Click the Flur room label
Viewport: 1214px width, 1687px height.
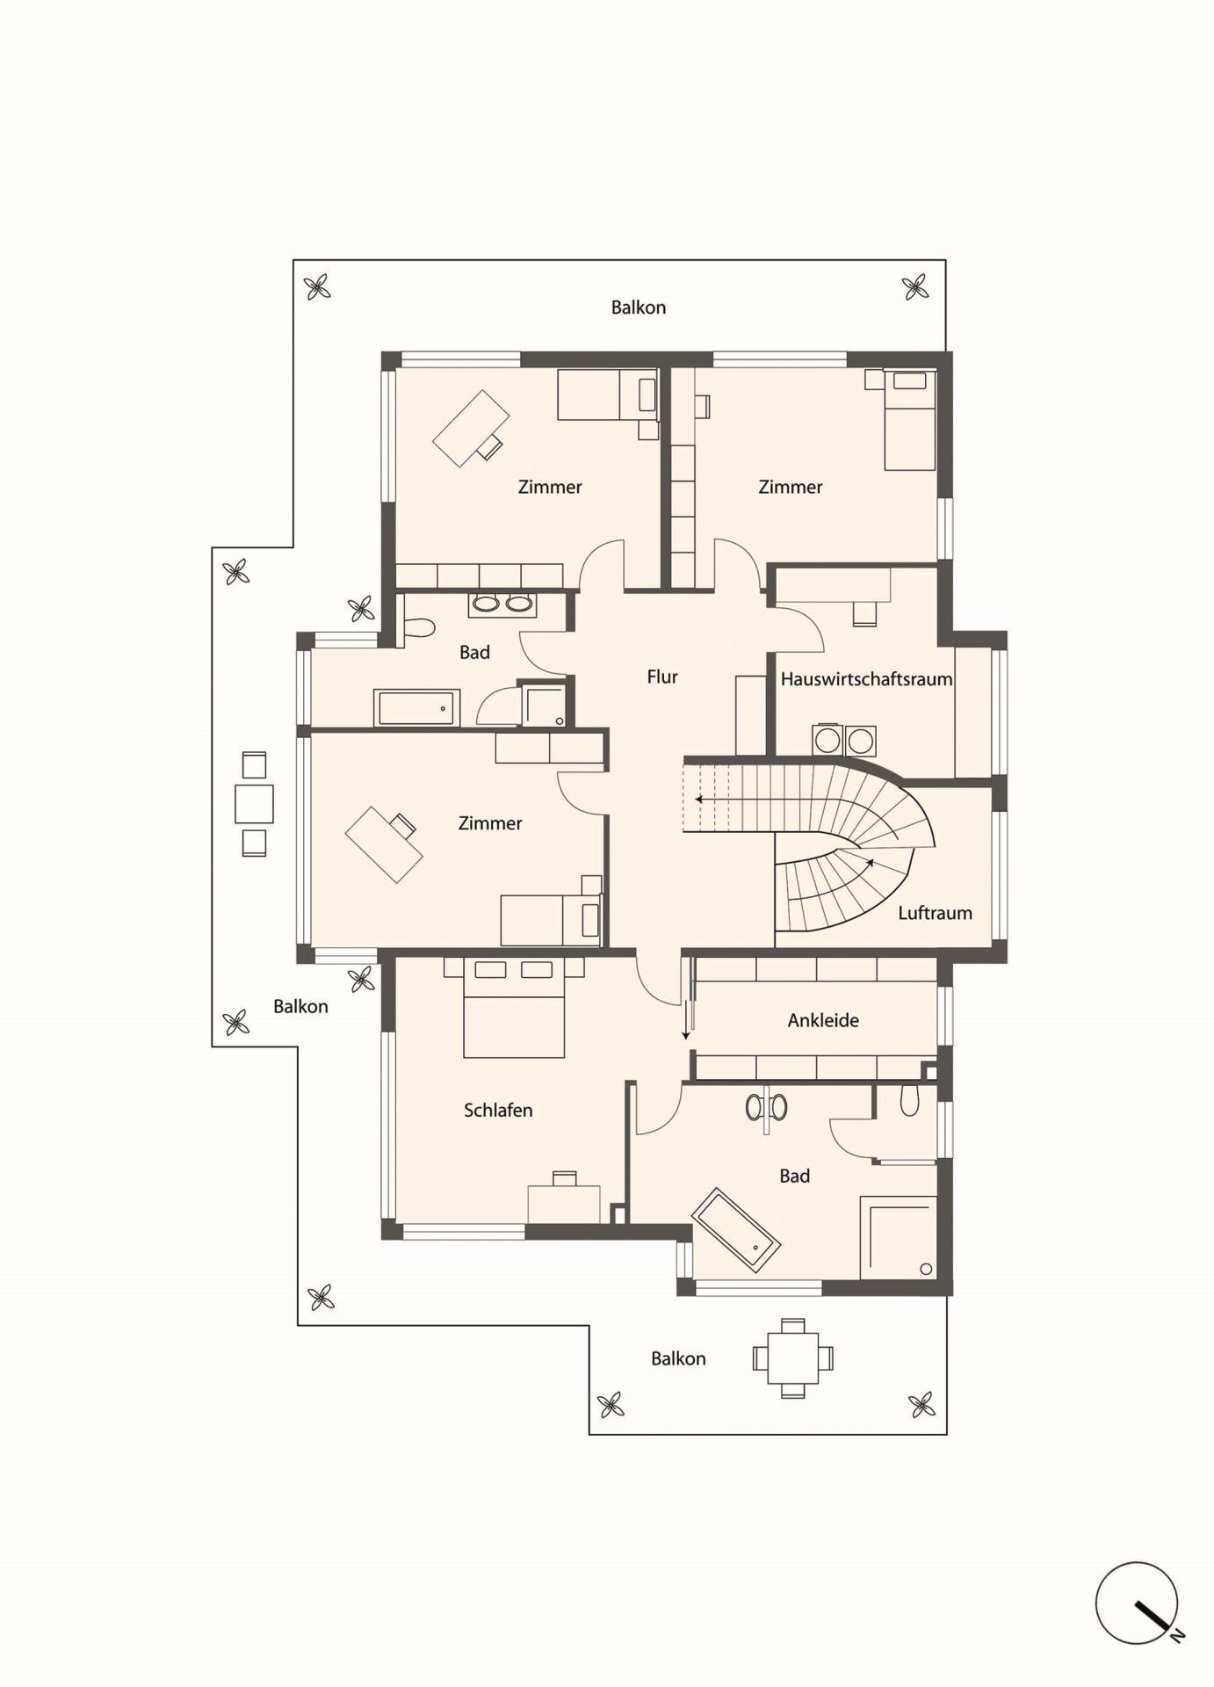click(x=662, y=677)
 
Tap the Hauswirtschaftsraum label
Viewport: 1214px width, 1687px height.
click(x=866, y=679)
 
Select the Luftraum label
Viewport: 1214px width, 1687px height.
click(x=935, y=913)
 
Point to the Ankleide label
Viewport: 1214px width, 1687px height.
click(x=823, y=1020)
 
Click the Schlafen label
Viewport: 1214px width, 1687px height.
click(x=498, y=1110)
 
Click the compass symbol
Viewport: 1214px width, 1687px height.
click(x=1138, y=1603)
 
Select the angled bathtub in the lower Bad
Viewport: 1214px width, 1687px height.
click(x=736, y=1231)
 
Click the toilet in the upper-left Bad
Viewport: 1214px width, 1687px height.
click(x=418, y=627)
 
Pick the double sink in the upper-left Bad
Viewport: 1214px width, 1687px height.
click(x=502, y=604)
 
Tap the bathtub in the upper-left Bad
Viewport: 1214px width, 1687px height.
click(x=417, y=708)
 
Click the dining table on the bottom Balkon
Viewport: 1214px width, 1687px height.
click(x=793, y=1358)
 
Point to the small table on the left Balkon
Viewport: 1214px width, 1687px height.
click(x=254, y=803)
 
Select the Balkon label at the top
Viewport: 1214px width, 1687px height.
click(x=639, y=308)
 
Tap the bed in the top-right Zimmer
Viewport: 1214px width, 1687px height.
click(x=910, y=420)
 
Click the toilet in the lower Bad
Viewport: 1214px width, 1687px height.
click(x=910, y=1100)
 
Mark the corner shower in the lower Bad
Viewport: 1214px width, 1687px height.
click(x=899, y=1237)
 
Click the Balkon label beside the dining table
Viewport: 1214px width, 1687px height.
click(x=678, y=1358)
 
